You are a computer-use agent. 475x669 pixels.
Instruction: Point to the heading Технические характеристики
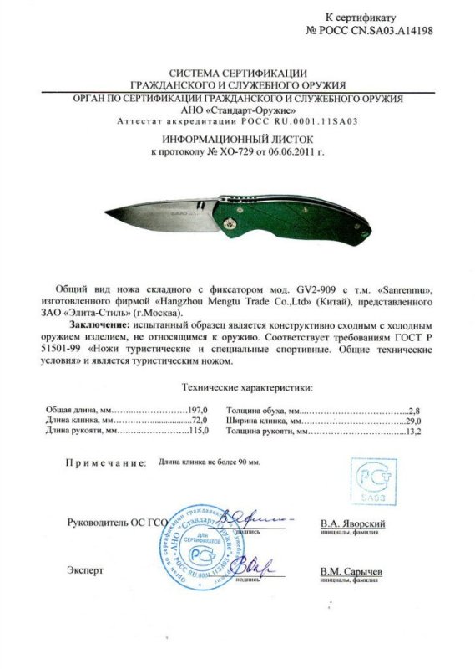click(247, 388)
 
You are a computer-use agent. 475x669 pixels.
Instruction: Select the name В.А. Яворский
click(352, 523)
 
